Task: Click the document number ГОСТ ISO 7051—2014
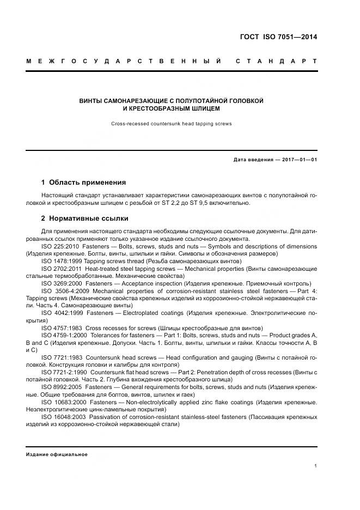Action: [x=278, y=37]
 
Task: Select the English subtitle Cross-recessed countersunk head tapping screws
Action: [x=172, y=124]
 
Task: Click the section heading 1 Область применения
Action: [x=83, y=182]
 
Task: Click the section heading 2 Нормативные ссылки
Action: [x=84, y=218]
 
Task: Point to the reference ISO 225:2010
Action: [x=61, y=246]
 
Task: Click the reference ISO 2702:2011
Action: [x=61, y=269]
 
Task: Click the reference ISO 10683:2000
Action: [x=63, y=402]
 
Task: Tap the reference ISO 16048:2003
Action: [x=63, y=417]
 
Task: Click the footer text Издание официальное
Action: [x=57, y=454]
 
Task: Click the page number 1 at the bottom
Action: [x=316, y=466]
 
